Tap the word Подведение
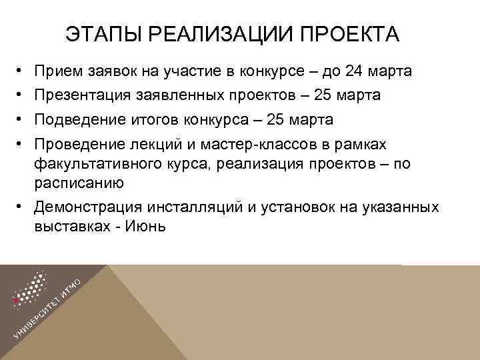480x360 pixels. tap(79, 119)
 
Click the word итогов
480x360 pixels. tap(151, 119)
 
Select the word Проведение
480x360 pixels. tap(79, 144)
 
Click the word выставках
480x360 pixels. tap(69, 226)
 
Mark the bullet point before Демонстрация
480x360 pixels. tap(21, 207)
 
